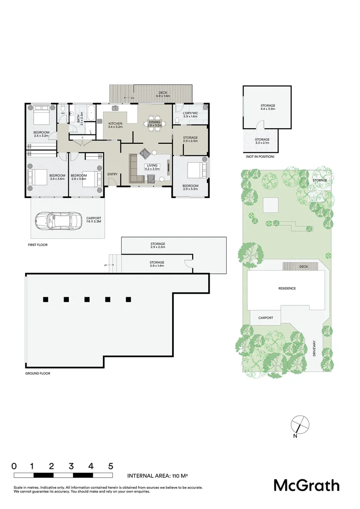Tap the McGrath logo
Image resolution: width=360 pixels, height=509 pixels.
[x=306, y=485]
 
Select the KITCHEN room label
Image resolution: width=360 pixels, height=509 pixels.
[x=115, y=124]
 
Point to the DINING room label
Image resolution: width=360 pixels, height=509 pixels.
[x=154, y=122]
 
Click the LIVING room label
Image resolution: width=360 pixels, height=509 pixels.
[x=152, y=165]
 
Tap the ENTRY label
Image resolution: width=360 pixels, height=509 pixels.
[x=113, y=174]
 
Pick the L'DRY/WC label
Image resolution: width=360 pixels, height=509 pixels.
[x=190, y=113]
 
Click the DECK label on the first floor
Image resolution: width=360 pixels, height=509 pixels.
[x=163, y=93]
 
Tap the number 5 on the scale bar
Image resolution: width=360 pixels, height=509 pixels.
[x=111, y=466]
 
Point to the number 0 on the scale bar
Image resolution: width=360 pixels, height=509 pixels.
[x=14, y=466]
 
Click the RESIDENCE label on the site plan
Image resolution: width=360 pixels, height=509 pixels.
[x=286, y=288]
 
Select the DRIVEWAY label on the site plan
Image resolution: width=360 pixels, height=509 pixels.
[x=315, y=348]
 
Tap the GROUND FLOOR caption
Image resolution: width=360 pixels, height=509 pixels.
[x=38, y=373]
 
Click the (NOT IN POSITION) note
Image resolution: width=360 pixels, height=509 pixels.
[x=260, y=156]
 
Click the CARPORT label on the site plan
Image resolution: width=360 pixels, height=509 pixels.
[x=266, y=318]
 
